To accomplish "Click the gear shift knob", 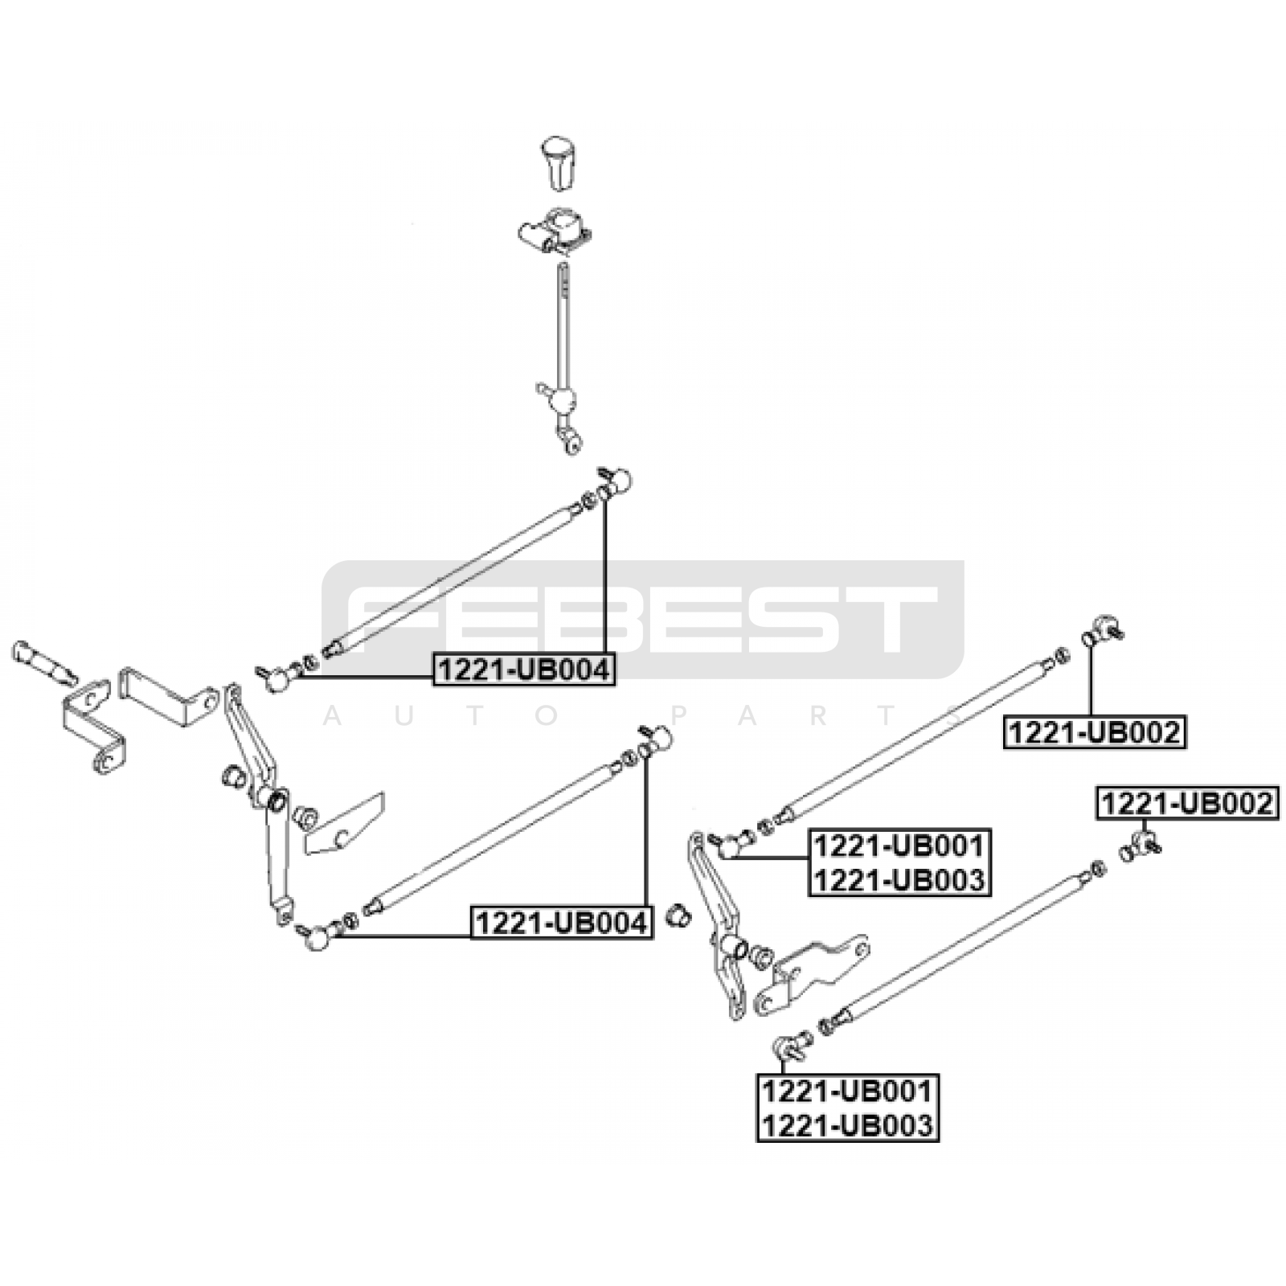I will pos(556,163).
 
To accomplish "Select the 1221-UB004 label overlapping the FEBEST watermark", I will pos(524,670).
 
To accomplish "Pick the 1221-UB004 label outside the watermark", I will pos(562,923).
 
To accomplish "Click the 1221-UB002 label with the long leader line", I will pos(1094,733).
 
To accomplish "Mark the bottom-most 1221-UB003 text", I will pos(848,1125).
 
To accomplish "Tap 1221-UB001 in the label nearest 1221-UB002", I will pos(899,846).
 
